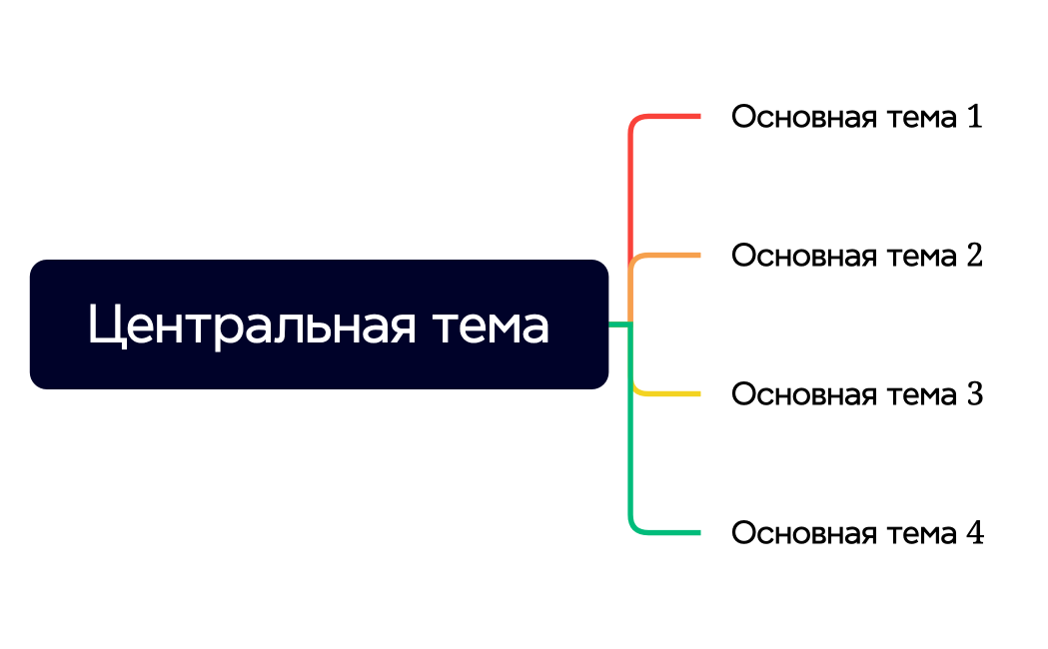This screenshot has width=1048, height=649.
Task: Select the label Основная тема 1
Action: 856,117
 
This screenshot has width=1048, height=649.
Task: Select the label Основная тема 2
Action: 856,256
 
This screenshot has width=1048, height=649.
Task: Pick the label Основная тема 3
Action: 856,394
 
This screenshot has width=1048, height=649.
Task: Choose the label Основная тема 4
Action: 856,533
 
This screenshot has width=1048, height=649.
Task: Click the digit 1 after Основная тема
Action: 974,117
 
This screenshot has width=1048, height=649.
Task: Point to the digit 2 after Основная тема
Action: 974,256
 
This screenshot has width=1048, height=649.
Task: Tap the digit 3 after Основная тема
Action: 974,394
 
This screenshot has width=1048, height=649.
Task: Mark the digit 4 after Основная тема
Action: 974,533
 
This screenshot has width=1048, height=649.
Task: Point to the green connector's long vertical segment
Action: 630,459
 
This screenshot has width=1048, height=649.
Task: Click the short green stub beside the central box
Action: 618,324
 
